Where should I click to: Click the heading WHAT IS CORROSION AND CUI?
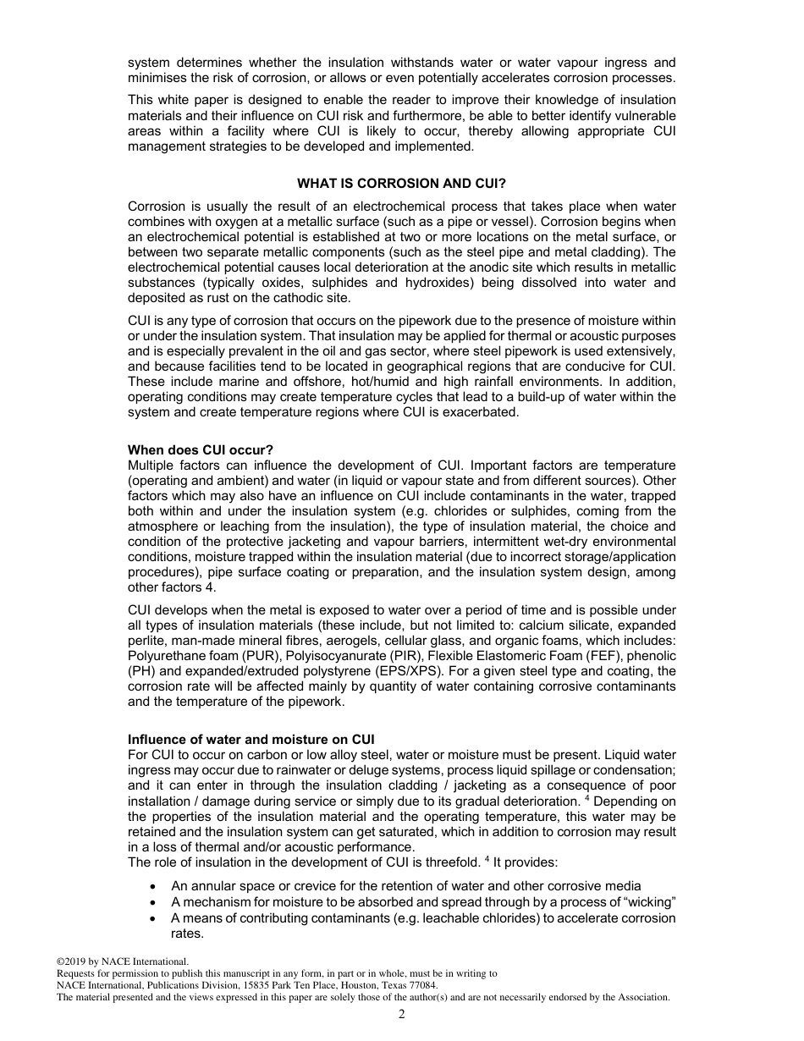tap(402, 184)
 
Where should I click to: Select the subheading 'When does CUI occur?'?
tap(201, 449)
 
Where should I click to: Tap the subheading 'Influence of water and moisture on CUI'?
tap(251, 740)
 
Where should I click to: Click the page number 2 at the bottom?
tap(402, 1015)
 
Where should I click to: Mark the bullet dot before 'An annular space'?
tap(151, 886)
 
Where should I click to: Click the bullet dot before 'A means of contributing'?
tap(151, 918)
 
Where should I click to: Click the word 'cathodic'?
tap(281, 298)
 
